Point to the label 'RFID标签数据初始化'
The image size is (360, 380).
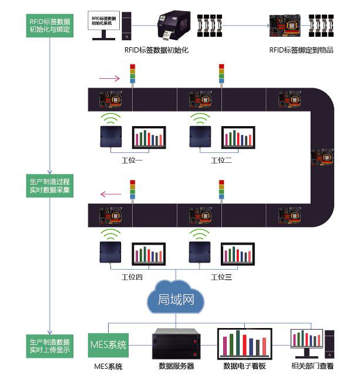pyautogui.click(x=157, y=50)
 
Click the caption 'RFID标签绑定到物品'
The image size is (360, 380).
pyautogui.click(x=302, y=50)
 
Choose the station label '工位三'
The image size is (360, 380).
pyautogui.click(x=221, y=277)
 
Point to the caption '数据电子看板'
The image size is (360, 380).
pyautogui.click(x=244, y=367)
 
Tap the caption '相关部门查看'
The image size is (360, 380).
pyautogui.click(x=313, y=367)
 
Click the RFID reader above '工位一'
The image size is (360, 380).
pyautogui.click(x=110, y=136)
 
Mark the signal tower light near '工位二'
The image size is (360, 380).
pyautogui.click(x=221, y=75)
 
